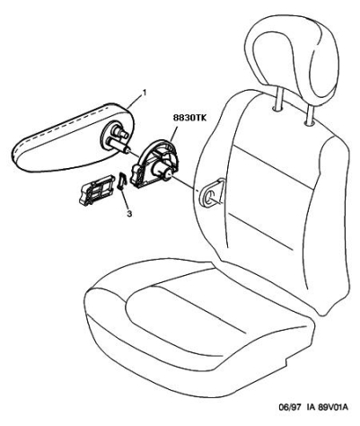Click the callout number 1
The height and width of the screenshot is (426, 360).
tap(145, 93)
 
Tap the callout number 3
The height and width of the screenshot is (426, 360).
tap(129, 214)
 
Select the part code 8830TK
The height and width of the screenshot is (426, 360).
tap(189, 119)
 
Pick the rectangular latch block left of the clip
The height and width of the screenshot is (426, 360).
tap(97, 191)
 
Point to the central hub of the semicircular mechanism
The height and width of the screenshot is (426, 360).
tap(162, 171)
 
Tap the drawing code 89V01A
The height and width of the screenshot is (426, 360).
tap(336, 407)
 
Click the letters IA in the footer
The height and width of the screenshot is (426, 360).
tap(311, 407)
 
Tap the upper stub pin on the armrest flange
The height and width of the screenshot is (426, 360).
tap(119, 132)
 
